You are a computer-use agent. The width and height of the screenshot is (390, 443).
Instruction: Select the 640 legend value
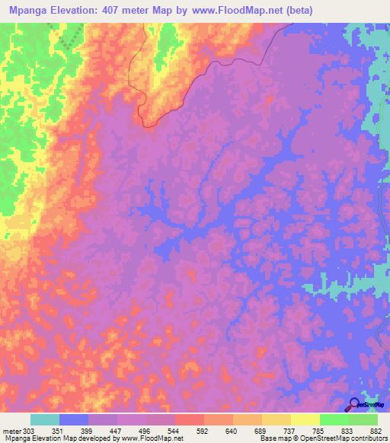tap(232, 431)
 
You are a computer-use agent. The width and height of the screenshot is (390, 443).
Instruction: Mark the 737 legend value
tap(290, 431)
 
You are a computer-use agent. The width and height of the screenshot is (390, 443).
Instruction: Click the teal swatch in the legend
tap(45, 419)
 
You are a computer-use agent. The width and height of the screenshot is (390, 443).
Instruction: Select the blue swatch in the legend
tap(74, 419)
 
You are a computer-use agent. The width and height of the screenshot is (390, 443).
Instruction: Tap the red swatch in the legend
tap(189, 419)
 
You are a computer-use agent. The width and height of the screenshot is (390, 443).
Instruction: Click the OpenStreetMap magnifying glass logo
tap(353, 405)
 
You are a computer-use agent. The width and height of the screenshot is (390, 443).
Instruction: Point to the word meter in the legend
tap(11, 431)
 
